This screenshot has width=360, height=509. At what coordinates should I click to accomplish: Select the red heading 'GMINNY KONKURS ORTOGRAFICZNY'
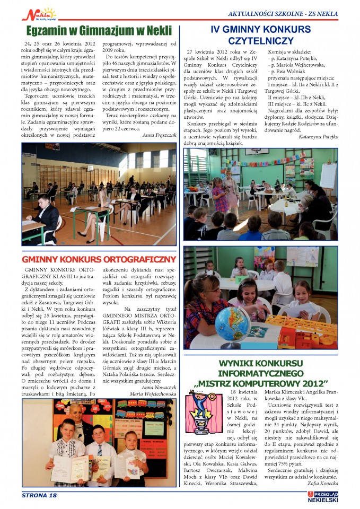pyautogui.click(x=99, y=259)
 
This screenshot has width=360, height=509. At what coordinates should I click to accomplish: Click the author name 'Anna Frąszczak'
pyautogui.click(x=160, y=135)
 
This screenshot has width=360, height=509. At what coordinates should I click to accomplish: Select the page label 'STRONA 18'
pyautogui.click(x=39, y=495)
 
